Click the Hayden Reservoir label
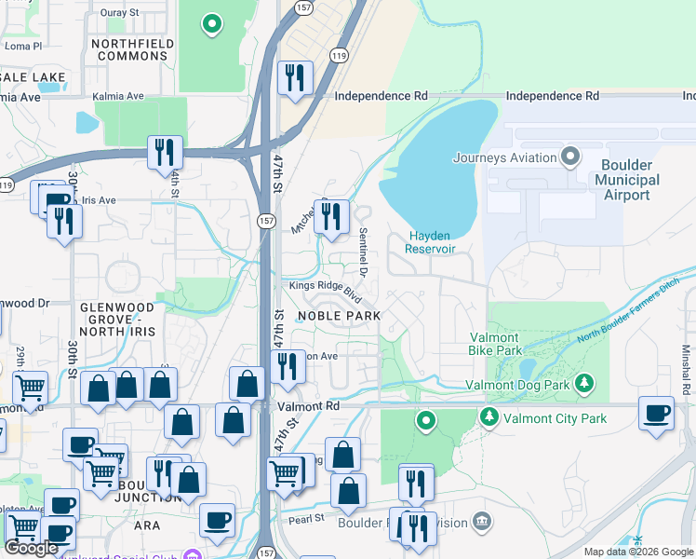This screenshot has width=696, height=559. click(x=431, y=242)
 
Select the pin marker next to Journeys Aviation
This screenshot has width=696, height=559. click(x=570, y=157)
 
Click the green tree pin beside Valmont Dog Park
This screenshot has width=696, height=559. click(x=584, y=382)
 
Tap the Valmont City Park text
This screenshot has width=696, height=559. click(x=555, y=418)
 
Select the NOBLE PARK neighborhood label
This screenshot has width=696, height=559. click(x=339, y=316)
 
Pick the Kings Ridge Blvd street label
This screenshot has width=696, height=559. click(x=324, y=290)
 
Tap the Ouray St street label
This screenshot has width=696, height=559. click(x=119, y=14)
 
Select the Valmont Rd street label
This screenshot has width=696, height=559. click(x=309, y=406)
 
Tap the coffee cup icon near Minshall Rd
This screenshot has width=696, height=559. click(x=656, y=412)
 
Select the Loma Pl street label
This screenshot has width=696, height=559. click(x=23, y=45)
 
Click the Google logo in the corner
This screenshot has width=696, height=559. click(x=32, y=548)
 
